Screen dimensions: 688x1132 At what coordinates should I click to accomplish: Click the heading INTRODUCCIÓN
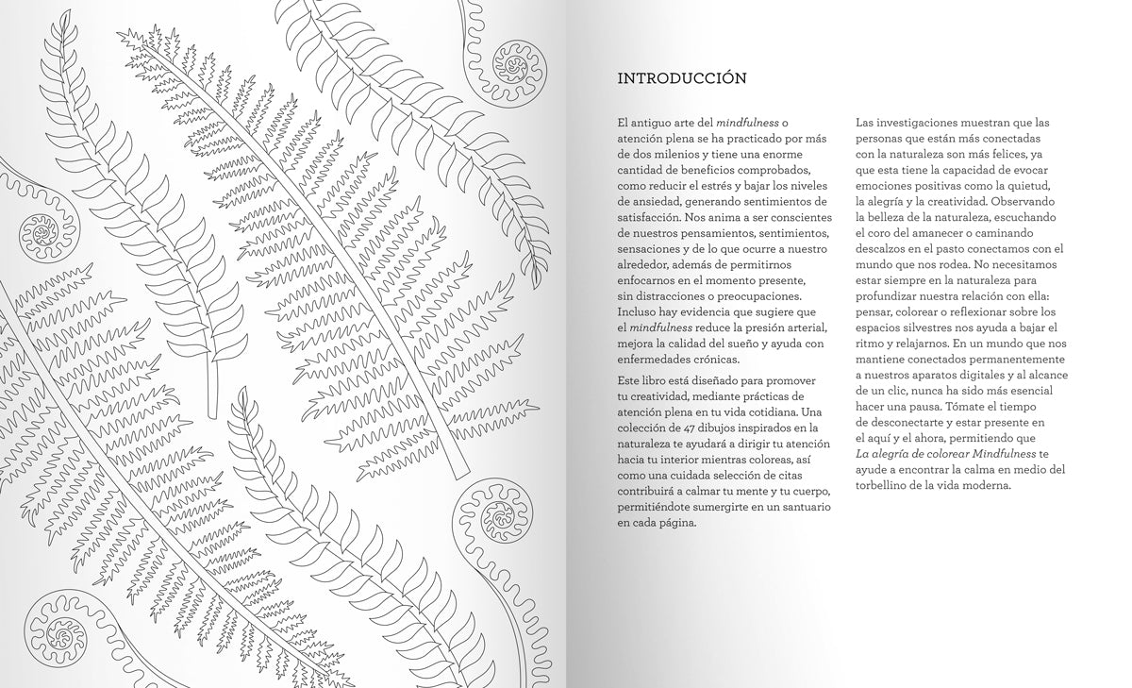coord(681,78)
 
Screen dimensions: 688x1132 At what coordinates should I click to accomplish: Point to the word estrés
coord(726,188)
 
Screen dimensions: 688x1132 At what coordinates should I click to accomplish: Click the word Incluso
coord(638,311)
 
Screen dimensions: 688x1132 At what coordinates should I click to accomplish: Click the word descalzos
coord(883,249)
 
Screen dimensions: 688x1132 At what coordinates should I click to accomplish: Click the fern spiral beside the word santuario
coord(494,516)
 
